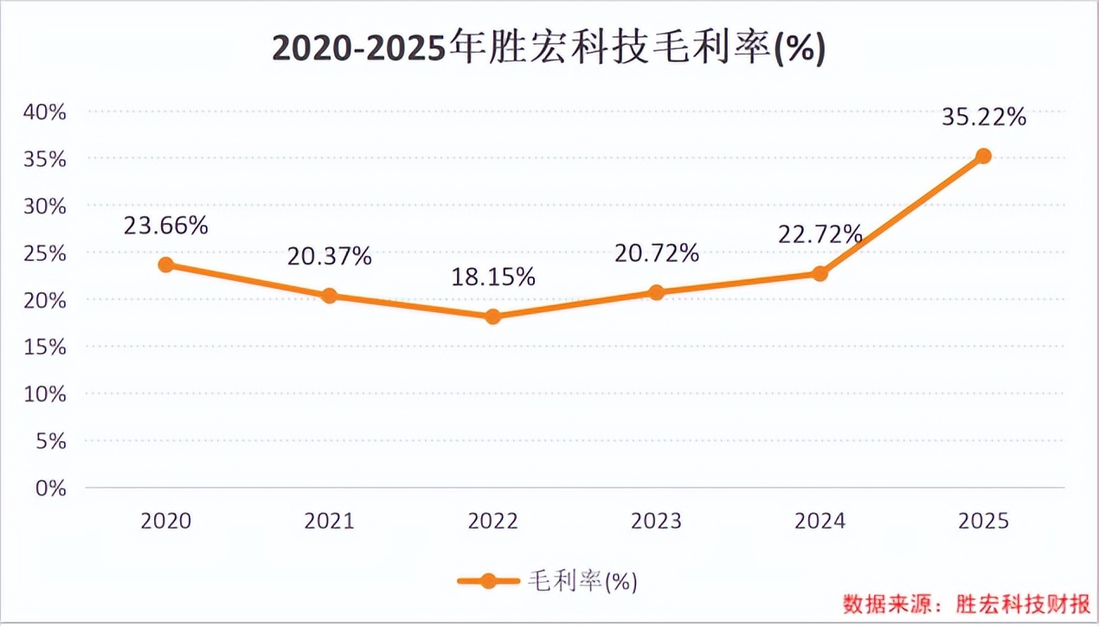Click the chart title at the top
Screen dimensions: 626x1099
click(549, 49)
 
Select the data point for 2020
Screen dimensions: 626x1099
click(165, 265)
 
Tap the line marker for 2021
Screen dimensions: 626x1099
click(329, 296)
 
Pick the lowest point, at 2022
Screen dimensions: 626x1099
click(492, 316)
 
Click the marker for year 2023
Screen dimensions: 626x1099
click(656, 292)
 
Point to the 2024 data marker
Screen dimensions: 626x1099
click(819, 273)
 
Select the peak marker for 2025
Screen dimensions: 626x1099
click(983, 156)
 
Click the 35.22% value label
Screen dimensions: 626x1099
click(984, 117)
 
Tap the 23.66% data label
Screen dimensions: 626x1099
click(165, 226)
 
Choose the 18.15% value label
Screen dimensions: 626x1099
click(492, 278)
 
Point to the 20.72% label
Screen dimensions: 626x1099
click(656, 253)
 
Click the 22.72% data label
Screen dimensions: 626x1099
click(819, 234)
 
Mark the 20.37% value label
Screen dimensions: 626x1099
click(329, 256)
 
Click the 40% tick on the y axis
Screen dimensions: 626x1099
click(45, 112)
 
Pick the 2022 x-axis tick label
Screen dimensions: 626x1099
click(492, 521)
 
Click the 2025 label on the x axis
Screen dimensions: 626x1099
click(983, 521)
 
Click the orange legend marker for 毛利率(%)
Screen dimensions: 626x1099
click(489, 581)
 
